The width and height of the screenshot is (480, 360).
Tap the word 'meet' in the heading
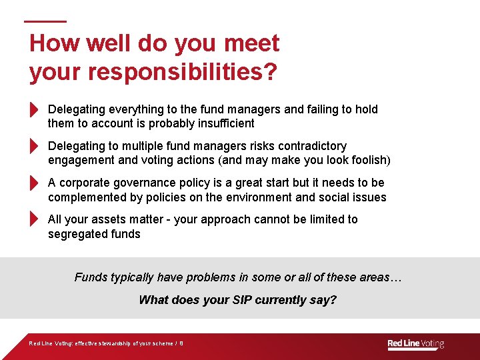tap(252, 44)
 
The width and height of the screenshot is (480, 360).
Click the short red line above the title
tap(45, 21)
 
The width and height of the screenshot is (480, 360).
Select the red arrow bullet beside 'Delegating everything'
tap(35, 109)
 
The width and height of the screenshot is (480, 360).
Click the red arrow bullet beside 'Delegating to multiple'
tap(35, 146)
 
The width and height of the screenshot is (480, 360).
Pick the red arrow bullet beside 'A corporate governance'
tap(35, 183)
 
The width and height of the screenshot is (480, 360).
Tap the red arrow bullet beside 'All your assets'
tap(35, 219)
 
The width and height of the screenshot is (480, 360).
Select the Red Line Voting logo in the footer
tap(415, 344)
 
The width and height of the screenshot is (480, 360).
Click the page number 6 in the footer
tap(181, 344)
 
